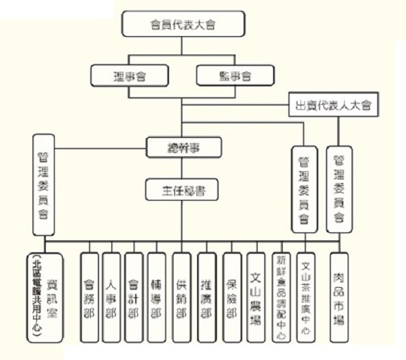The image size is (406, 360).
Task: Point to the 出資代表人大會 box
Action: pos(332,105)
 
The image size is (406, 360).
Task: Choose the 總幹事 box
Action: pos(184,147)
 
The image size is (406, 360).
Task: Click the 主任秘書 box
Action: pos(184,190)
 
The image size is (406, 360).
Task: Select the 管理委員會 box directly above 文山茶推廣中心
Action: pos(303,190)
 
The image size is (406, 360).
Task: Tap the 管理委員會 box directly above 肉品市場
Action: pos(338,190)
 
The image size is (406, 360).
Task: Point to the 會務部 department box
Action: pos(89,297)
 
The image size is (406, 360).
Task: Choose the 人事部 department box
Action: pos(111,297)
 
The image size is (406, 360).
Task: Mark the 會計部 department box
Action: pos(134,297)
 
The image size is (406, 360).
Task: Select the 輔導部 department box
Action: pos(156,297)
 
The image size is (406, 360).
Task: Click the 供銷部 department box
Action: pos(182,297)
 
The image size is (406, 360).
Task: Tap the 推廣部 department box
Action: pos(207,297)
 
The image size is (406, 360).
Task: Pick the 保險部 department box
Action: pos(231,297)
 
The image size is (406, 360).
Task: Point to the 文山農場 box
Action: pos(255,297)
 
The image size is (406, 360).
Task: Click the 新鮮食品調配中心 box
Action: pos(281,297)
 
